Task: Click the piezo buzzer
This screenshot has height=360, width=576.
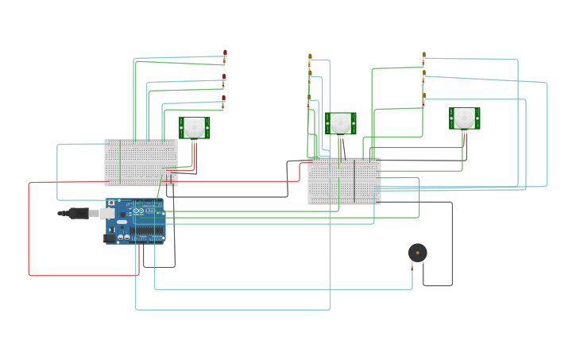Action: pos(417,253)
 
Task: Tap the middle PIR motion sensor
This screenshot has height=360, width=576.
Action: pos(341,123)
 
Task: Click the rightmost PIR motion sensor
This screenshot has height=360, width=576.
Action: pos(465,118)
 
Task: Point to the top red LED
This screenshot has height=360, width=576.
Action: pos(225,53)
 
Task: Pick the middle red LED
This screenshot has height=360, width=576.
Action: pos(224,77)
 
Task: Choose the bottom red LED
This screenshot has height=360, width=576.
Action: pos(224,99)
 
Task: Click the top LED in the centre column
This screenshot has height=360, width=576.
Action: pos(310,56)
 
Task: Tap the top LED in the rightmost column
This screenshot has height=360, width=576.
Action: pos(423,55)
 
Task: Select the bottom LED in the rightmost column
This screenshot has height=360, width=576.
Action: pos(423,95)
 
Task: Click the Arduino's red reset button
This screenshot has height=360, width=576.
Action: pos(111,203)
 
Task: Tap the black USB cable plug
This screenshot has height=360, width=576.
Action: pos(78,213)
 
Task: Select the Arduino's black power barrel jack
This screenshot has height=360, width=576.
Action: pos(110,238)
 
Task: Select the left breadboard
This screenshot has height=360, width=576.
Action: pos(141,162)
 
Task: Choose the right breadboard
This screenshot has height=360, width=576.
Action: pos(344,180)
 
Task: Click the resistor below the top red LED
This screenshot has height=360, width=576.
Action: pos(225,60)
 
